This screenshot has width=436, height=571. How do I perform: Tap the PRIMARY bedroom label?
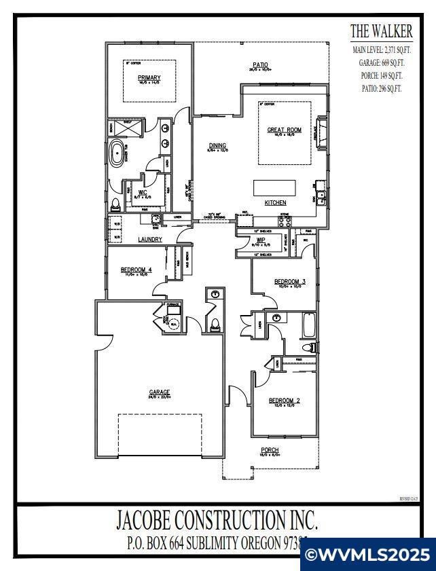click(149, 77)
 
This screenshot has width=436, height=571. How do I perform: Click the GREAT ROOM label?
click(284, 130)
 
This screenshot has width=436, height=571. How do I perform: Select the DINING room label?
click(217, 145)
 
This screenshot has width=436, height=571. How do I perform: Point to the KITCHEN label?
click(275, 203)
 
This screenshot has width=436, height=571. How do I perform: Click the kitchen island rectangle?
click(275, 187)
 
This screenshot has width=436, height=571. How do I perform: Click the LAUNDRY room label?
click(149, 240)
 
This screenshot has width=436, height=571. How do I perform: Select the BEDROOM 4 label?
click(137, 270)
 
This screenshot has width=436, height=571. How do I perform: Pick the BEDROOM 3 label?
click(290, 281)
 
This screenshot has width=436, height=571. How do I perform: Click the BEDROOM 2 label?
click(284, 401)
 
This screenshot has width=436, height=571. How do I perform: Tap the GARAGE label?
click(159, 392)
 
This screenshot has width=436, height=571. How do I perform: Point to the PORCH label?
click(270, 450)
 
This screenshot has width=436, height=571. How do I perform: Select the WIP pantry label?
click(261, 240)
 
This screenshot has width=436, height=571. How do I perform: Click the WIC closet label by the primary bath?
click(143, 192)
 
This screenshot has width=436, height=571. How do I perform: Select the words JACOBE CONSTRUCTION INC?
click(217, 521)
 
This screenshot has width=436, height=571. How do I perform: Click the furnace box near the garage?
click(174, 306)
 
